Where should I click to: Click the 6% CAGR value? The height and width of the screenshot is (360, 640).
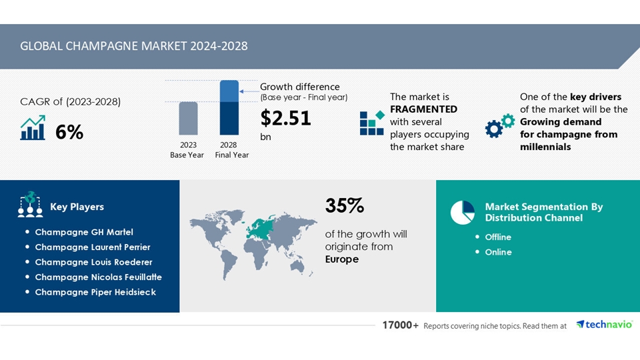69,132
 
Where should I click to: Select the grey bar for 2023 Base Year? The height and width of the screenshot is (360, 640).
188,118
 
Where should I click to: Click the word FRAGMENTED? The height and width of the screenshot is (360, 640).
423,109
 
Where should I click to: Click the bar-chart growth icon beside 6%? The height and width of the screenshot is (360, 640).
33,128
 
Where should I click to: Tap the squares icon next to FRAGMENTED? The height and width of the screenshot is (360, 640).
371,123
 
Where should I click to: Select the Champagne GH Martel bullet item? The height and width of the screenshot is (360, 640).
84,232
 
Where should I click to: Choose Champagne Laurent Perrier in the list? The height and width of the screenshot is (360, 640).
93,247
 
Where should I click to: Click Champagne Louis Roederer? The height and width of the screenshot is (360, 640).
93,262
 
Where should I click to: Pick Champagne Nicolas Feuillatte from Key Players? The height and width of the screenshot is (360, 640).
98,277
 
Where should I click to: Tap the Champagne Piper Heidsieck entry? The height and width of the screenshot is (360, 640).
95,292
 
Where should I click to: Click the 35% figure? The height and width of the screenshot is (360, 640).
344,206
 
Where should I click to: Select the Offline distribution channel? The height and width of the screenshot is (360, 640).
498,237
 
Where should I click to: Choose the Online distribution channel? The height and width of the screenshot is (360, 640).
498,252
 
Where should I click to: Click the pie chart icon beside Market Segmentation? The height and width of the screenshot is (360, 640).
462,212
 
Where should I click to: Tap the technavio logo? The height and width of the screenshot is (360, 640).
604,325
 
